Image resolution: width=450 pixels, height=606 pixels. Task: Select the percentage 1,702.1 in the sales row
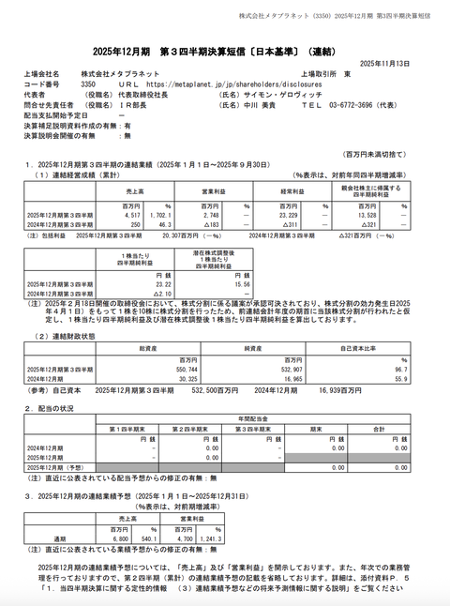tap(158, 215)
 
